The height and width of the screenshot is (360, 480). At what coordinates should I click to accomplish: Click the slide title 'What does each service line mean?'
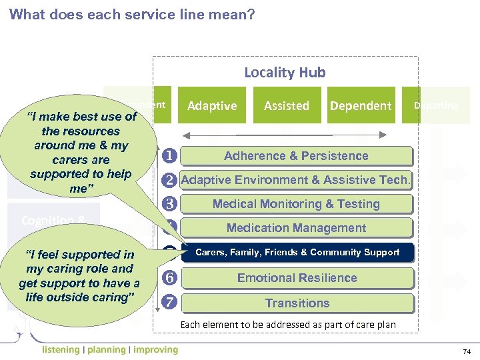coord(132,14)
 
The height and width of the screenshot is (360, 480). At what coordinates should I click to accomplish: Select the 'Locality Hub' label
coord(285,73)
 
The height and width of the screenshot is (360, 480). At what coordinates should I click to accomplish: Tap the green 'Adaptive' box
coord(212,105)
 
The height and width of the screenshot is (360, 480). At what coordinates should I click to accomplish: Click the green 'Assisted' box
coord(287,105)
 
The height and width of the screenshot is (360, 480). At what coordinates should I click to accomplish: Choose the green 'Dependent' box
coord(361,105)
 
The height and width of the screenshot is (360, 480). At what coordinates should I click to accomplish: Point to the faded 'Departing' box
coord(435,105)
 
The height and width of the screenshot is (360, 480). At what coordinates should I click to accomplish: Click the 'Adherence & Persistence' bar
coord(297,156)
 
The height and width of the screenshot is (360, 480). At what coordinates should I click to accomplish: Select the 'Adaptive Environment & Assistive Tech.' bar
coord(297,180)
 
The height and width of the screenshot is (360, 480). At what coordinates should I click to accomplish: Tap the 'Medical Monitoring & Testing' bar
coord(297,204)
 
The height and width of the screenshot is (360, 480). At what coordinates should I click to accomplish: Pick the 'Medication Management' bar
coord(297,228)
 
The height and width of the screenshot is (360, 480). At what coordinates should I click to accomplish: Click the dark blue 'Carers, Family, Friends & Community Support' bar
coord(297,252)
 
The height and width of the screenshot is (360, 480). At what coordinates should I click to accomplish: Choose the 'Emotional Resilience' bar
coord(297,278)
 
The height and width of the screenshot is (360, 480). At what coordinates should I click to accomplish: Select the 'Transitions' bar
coord(297,303)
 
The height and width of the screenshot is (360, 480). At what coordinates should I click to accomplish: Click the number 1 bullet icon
coord(169,156)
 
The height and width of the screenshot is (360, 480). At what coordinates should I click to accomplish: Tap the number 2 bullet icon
coord(169,180)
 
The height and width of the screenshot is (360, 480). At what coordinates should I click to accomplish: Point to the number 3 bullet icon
coord(169,204)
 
